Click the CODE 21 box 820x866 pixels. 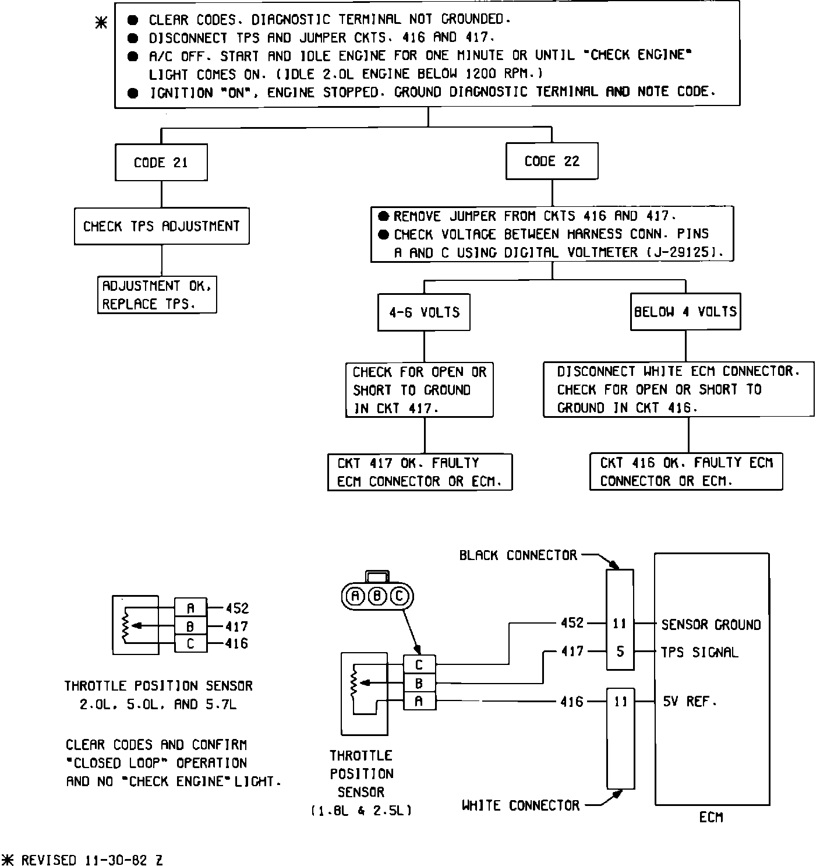click(x=161, y=163)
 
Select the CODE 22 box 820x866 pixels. click(x=552, y=161)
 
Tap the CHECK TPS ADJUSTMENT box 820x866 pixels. click(x=161, y=226)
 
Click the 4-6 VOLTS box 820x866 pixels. click(x=424, y=312)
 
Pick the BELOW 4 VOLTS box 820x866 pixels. click(x=685, y=312)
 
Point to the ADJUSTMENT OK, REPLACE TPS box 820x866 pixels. click(x=157, y=295)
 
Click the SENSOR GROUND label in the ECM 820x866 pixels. click(x=711, y=625)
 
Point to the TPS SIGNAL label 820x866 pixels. click(x=699, y=653)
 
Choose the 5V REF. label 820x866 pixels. click(x=690, y=702)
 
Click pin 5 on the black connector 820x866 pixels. click(x=620, y=652)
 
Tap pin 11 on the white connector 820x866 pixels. click(x=620, y=702)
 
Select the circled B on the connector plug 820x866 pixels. click(x=377, y=596)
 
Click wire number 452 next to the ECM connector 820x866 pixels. click(x=572, y=623)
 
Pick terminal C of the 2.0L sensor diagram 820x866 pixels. click(x=190, y=644)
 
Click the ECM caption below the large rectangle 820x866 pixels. click(x=711, y=818)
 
